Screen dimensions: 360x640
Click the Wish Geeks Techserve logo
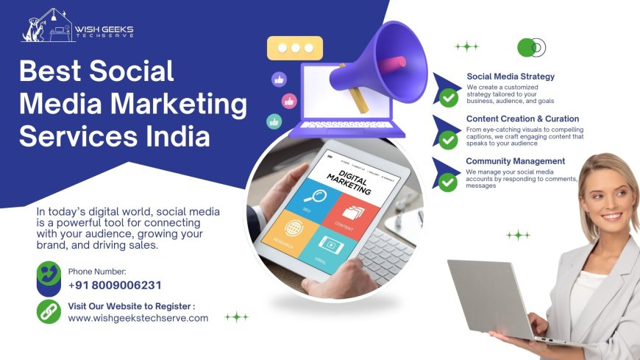tap(77, 28)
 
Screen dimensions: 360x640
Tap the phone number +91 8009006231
tap(114, 286)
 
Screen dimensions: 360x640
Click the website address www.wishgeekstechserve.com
tap(138, 318)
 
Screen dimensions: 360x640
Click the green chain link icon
tap(49, 311)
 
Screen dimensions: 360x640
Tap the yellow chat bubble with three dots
tap(295, 48)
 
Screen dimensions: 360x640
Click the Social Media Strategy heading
tap(511, 76)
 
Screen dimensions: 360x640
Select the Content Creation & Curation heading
tap(522, 119)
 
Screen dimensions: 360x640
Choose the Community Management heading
tap(515, 161)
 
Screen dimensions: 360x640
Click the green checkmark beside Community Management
tap(448, 181)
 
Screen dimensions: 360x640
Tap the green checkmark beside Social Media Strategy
tap(448, 96)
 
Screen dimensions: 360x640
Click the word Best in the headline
tap(51, 71)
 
